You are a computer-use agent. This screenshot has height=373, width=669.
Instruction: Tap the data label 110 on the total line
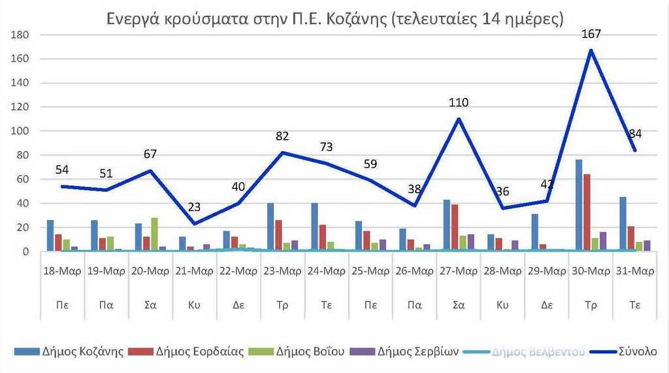[459, 103]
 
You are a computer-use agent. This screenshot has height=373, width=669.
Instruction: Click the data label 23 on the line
[195, 208]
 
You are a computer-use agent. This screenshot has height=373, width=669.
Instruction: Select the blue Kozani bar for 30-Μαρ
[579, 205]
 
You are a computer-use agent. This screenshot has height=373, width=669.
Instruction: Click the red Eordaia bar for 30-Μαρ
[587, 212]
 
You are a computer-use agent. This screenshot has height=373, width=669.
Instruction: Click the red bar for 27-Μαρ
[455, 228]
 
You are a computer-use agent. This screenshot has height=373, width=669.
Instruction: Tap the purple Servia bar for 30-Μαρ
[602, 241]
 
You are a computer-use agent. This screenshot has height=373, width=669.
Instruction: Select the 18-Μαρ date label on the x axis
[63, 271]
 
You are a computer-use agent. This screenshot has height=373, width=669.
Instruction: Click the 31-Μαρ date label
[634, 271]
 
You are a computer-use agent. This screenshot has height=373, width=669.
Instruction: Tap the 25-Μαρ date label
[370, 271]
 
